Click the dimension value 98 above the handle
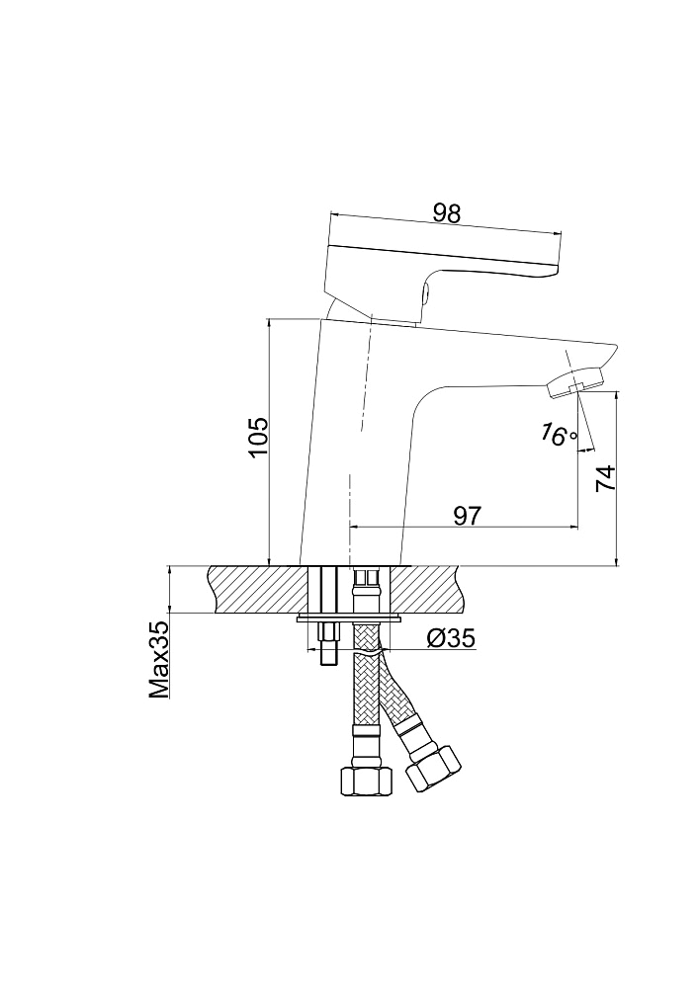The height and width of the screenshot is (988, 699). point(447,214)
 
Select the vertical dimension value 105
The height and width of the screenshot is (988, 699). point(258,438)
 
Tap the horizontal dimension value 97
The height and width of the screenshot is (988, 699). point(467,516)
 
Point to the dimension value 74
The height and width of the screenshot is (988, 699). point(604,479)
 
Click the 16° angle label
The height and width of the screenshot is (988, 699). point(558,434)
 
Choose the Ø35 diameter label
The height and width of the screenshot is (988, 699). point(450,639)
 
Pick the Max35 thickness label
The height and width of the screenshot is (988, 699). point(159,660)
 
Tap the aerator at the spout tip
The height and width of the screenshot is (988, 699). point(574,383)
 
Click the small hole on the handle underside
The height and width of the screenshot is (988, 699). point(424,292)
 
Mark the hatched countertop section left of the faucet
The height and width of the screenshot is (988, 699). point(257,589)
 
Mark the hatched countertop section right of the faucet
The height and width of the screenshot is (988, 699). point(429,589)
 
